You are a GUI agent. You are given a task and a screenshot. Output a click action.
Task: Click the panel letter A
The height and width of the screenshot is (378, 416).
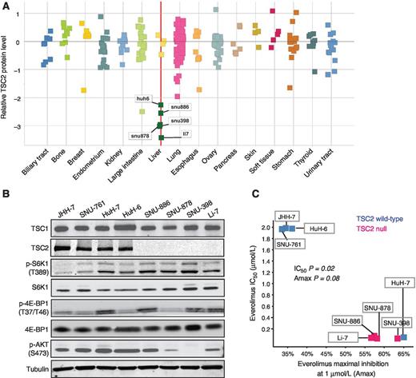click(x=6, y=6)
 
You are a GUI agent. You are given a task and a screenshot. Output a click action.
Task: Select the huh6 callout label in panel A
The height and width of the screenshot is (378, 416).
click(x=144, y=99)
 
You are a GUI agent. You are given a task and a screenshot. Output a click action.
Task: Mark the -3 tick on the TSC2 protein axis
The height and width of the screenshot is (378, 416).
click(x=18, y=126)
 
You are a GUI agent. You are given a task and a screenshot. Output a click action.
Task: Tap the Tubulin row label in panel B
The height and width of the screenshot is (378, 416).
click(x=18, y=369)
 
